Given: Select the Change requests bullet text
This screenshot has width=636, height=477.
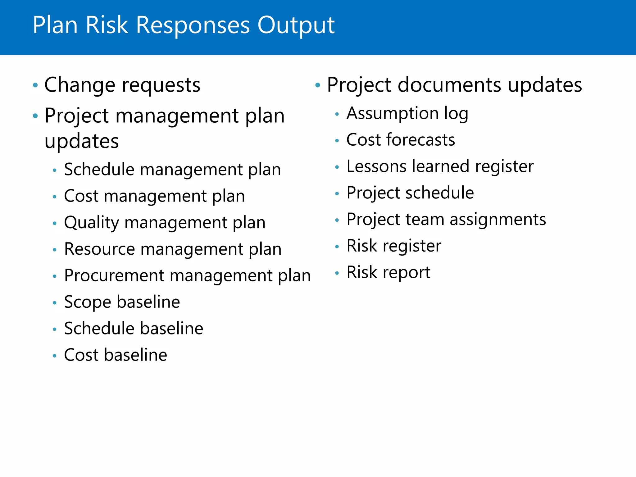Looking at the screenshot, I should (x=122, y=85).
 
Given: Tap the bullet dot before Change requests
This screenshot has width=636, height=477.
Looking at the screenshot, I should (x=35, y=85).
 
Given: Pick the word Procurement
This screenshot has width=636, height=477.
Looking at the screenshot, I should (x=114, y=276).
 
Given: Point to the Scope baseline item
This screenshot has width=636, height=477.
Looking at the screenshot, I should (x=122, y=302).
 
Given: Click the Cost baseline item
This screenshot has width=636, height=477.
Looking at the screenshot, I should (x=116, y=355).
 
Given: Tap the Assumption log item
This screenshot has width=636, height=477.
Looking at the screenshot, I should (x=407, y=113).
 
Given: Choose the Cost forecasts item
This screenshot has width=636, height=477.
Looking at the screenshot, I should (x=401, y=140).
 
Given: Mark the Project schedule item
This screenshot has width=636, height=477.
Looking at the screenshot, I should (x=410, y=193).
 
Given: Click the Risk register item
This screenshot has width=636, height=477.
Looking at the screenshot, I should (x=394, y=246).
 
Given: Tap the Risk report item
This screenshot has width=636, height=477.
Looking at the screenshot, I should (x=388, y=272).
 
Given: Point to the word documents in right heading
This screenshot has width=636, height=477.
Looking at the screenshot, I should (x=449, y=85).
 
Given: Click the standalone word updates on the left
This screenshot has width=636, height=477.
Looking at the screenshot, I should (x=82, y=142).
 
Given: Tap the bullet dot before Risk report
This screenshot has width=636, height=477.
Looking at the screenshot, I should (x=337, y=273).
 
